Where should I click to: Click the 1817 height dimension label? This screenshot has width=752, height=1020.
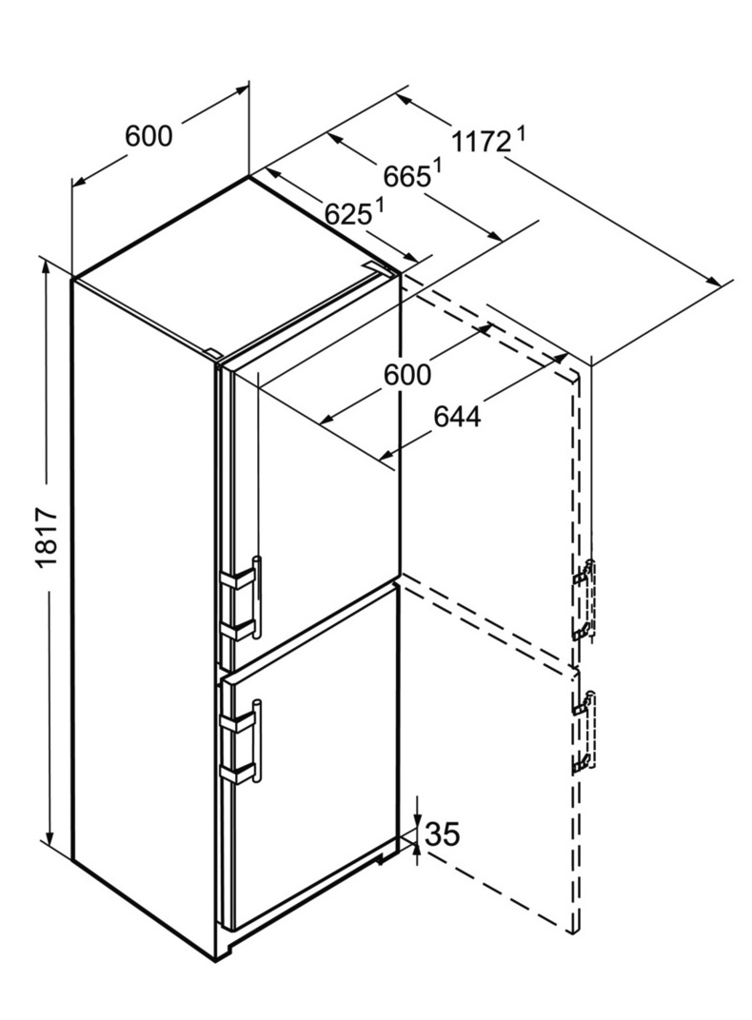point(48,538)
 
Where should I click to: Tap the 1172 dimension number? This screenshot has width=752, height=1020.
point(481,141)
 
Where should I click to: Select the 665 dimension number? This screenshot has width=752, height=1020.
point(406,176)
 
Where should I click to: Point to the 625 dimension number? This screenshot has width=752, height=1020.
point(347,214)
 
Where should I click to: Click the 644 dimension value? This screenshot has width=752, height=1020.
point(457,417)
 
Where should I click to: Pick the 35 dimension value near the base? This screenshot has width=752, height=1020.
point(443,834)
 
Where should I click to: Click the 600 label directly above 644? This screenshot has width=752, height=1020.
point(407,375)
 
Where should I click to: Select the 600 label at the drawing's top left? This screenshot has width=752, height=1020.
point(149,136)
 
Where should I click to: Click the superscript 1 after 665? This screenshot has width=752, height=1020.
point(438,167)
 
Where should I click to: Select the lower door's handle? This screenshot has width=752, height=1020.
point(258,739)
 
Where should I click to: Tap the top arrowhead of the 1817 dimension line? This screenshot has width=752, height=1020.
point(48,272)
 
